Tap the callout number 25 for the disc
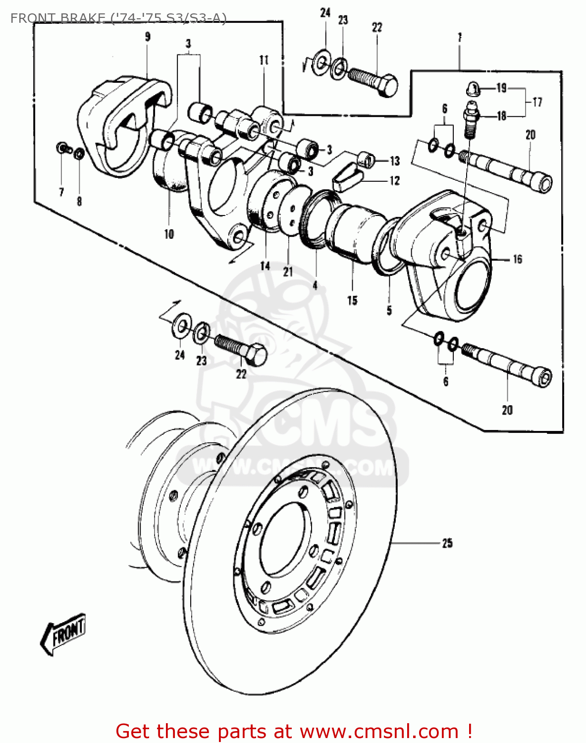(x=447, y=543)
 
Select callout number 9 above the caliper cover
(x=147, y=37)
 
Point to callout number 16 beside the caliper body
(x=517, y=259)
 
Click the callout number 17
(x=537, y=102)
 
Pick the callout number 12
(x=394, y=181)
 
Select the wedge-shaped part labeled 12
(x=348, y=177)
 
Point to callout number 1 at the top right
(x=460, y=37)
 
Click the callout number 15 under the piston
(x=352, y=300)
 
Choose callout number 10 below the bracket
(x=169, y=234)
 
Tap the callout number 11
(x=264, y=60)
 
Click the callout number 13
(x=394, y=161)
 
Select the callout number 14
(x=265, y=266)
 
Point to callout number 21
(x=288, y=271)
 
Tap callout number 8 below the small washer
(x=79, y=201)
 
